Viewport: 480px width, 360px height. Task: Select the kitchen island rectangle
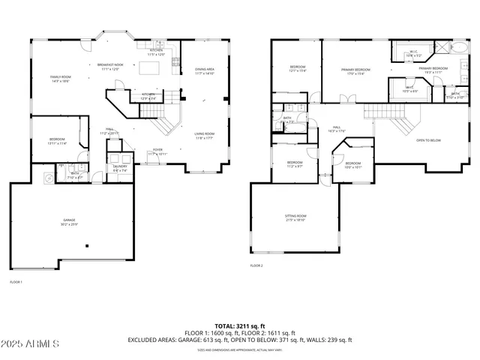[x=149, y=68]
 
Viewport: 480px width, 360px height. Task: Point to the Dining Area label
[x=205, y=71]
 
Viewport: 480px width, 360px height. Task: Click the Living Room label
[x=205, y=136]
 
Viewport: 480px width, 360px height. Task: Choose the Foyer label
[x=158, y=151]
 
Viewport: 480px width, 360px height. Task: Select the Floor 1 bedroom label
[x=58, y=141]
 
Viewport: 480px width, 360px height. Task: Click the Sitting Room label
[x=295, y=218]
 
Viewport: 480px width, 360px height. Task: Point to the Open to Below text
[x=428, y=140]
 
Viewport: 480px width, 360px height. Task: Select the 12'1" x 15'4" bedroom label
[x=298, y=69]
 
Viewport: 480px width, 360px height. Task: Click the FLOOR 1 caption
[x=16, y=282]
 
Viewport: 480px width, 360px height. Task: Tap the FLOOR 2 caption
[x=256, y=265]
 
